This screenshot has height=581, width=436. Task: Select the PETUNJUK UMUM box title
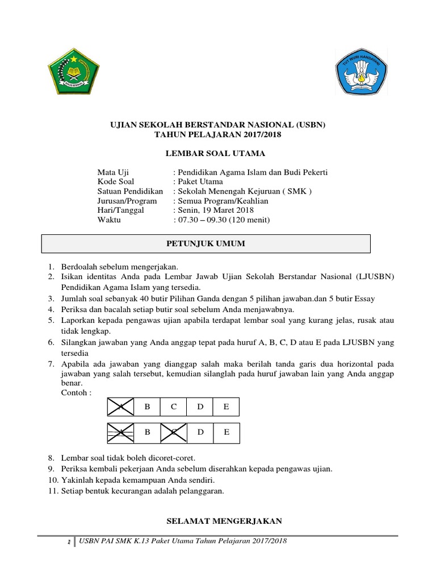pyautogui.click(x=206, y=243)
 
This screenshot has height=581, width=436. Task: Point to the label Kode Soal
pyautogui.click(x=116, y=182)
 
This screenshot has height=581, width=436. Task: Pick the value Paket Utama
pyautogui.click(x=200, y=182)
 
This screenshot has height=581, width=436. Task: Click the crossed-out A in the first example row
pyautogui.click(x=120, y=407)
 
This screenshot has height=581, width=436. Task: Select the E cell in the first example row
pyautogui.click(x=226, y=407)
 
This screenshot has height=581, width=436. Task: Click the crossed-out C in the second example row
pyautogui.click(x=173, y=432)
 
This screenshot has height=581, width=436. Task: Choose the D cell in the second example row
pyautogui.click(x=200, y=432)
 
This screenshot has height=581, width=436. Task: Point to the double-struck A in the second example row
pyautogui.click(x=120, y=432)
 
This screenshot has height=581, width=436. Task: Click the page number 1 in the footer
pyautogui.click(x=68, y=542)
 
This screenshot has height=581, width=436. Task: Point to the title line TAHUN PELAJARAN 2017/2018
pyautogui.click(x=217, y=134)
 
